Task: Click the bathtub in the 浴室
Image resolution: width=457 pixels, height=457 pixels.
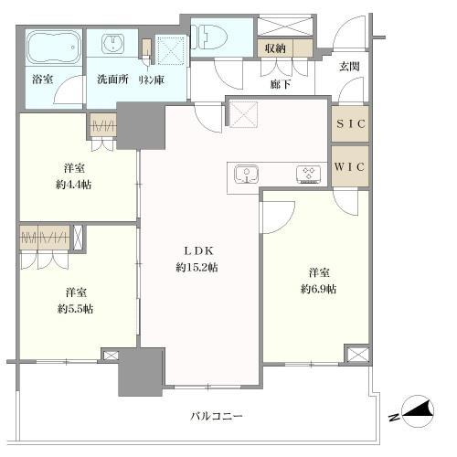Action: coord(55,47)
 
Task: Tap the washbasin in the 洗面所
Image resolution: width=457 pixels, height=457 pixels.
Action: coord(112,43)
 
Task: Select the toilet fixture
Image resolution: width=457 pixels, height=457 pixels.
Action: coord(209,37)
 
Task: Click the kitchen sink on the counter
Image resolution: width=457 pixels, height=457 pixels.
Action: coord(247,174)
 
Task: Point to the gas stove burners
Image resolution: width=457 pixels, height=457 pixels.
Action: coord(308,175)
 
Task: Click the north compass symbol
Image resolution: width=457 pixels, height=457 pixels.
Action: coord(418,412)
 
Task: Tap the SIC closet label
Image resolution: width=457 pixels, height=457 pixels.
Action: coord(350,123)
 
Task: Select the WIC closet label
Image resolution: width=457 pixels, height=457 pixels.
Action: coord(349,166)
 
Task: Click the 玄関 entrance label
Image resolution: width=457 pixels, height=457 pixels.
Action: coord(349,67)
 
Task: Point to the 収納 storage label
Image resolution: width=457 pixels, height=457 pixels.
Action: coord(275,48)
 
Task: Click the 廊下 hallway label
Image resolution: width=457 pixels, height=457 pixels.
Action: coord(281,84)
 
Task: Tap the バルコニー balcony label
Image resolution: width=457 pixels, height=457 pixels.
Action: coord(217,416)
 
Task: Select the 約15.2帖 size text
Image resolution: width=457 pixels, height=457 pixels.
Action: coord(197,268)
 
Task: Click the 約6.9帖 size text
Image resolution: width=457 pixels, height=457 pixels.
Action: coord(319,289)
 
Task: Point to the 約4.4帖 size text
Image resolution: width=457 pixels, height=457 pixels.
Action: coord(73,185)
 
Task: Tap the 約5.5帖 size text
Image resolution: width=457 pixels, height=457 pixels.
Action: coord(75,309)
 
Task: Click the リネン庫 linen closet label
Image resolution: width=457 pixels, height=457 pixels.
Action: coord(151,80)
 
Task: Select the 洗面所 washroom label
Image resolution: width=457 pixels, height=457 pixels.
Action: coord(112,80)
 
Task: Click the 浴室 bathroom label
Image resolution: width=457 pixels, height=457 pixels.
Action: coord(43,80)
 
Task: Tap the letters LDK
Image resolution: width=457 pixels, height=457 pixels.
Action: coord(198,251)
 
